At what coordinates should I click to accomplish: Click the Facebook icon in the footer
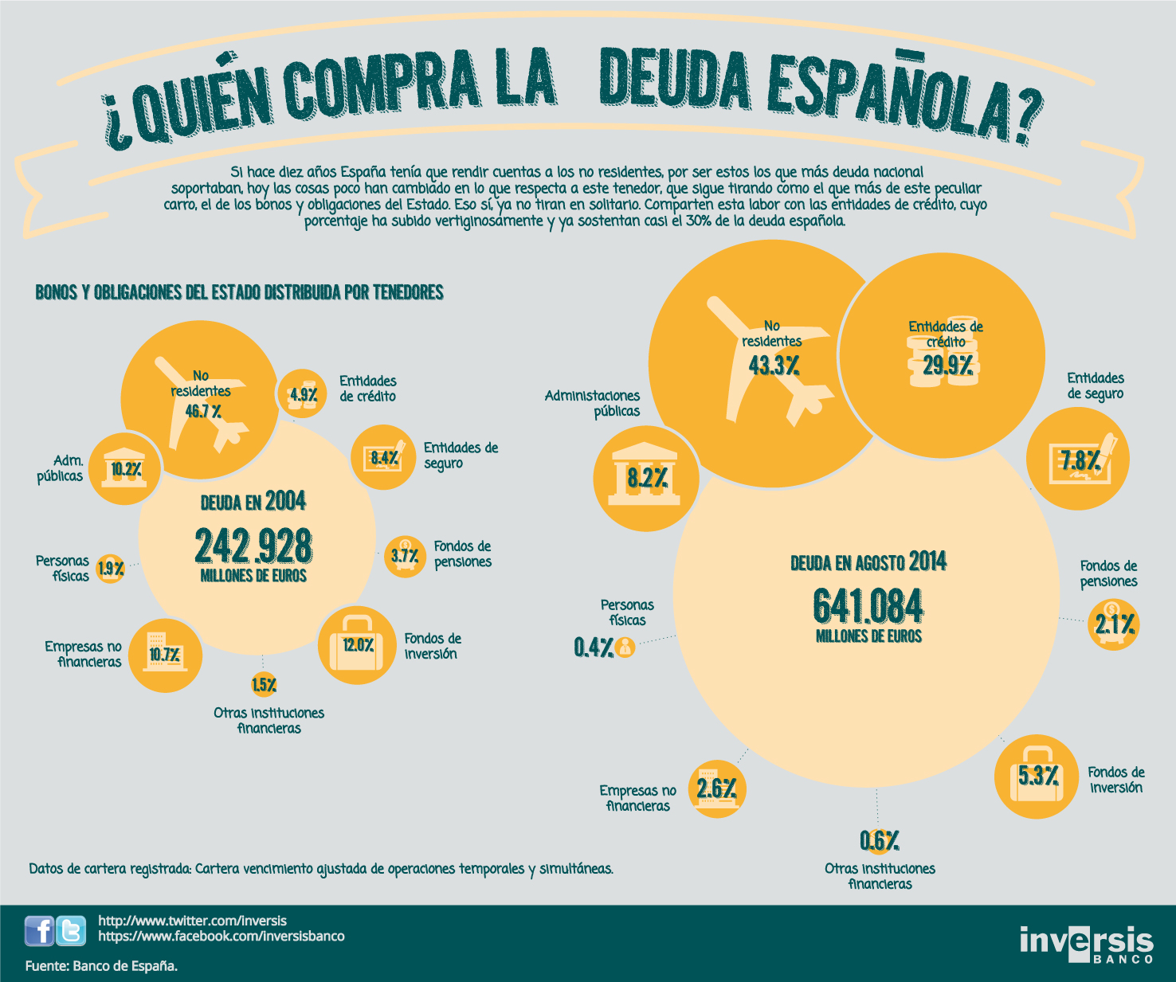[39, 930]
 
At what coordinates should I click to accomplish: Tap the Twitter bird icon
[71, 930]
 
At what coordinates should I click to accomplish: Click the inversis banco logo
[1087, 945]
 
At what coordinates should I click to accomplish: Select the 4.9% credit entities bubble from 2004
[303, 393]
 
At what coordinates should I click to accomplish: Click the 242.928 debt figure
[253, 546]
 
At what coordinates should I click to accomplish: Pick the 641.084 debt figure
[868, 606]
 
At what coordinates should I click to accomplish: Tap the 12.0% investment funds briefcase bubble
[358, 645]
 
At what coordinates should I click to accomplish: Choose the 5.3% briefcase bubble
[1037, 777]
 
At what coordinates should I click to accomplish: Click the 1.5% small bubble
[264, 685]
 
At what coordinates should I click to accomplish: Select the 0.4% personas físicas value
[594, 647]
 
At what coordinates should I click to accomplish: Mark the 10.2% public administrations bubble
[125, 468]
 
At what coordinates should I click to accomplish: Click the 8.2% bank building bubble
[646, 479]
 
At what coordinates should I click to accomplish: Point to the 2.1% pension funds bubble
[1114, 624]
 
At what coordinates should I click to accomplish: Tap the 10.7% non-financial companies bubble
[165, 655]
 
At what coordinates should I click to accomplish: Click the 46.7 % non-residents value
[203, 412]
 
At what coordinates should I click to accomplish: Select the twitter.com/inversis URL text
[193, 921]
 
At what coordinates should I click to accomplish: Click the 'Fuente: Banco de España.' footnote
[101, 965]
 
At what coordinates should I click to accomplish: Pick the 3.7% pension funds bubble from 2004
[405, 557]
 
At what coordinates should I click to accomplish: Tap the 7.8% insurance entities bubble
[1078, 459]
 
